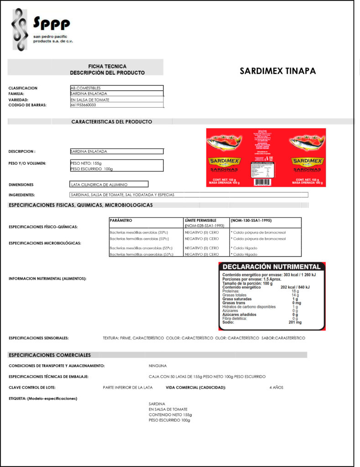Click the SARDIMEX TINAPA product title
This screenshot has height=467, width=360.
pyautogui.click(x=277, y=71)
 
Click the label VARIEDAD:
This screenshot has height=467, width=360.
pyautogui.click(x=19, y=99)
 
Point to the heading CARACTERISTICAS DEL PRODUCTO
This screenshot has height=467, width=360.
pyautogui.click(x=111, y=122)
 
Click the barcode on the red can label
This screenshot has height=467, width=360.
pyautogui.click(x=262, y=182)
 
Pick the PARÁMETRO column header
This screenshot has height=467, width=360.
pyautogui.click(x=121, y=220)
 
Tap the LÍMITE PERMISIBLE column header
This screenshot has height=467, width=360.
pyautogui.click(x=200, y=220)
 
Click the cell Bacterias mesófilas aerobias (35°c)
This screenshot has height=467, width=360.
pyautogui.click(x=139, y=232)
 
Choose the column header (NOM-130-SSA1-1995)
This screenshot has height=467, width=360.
pyautogui.click(x=251, y=220)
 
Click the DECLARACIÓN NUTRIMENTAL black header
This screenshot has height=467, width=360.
pyautogui.click(x=271, y=267)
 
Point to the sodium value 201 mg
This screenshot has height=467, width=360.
pyautogui.click(x=295, y=322)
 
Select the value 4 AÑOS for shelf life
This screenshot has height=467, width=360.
pyautogui.click(x=276, y=388)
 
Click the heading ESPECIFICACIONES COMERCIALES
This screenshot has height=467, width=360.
pyautogui.click(x=50, y=355)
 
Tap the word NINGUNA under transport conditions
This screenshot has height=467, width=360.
pyautogui.click(x=158, y=366)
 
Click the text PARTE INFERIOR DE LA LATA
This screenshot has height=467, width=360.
pyautogui.click(x=128, y=388)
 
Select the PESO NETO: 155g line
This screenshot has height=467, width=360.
pyautogui.click(x=86, y=163)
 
